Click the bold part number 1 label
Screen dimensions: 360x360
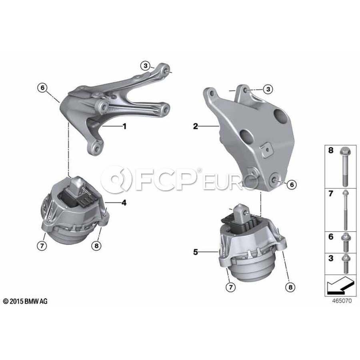coord(124,126)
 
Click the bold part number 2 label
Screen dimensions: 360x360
coord(195,126)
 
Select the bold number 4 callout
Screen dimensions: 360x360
coord(124,203)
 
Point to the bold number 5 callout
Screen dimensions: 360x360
coord(195,252)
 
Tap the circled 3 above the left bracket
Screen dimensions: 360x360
coord(146,66)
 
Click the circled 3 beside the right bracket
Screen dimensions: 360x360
coord(268,89)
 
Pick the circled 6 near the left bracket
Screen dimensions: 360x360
coord(42,88)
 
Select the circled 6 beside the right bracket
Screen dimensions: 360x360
coord(292,184)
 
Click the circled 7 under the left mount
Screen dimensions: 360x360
coord(42,246)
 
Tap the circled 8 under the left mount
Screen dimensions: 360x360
coord(96,246)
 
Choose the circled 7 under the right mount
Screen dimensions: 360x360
coord(231,287)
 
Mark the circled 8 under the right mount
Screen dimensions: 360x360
coord(290,287)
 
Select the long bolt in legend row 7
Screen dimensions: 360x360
coord(345,210)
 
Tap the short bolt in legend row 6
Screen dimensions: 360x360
coord(346,242)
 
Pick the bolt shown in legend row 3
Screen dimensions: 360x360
coord(346,264)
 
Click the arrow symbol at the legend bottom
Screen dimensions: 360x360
coord(340,286)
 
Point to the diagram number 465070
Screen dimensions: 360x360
coord(342,300)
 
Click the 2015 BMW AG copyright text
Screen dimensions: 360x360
coord(25,302)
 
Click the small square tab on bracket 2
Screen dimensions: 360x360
coord(266,150)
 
